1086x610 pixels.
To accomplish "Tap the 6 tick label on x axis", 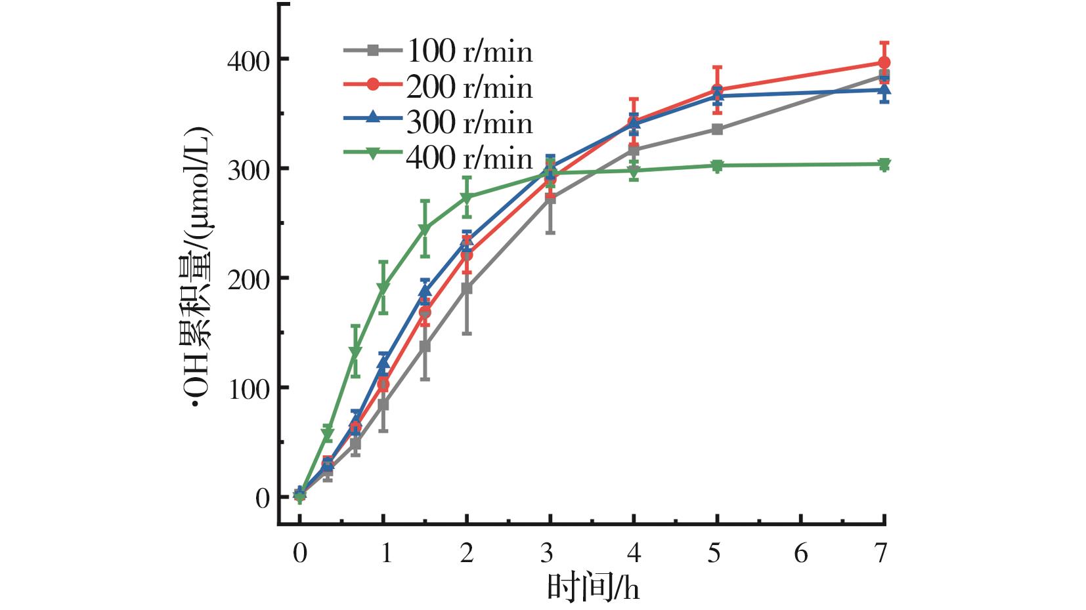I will coord(801,554).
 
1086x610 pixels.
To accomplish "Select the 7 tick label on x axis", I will coord(881,554).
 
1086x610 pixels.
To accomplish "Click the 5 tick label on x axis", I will coord(715,554).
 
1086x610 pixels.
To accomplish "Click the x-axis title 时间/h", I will coord(593,588).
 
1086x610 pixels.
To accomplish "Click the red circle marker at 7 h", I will coord(884,63).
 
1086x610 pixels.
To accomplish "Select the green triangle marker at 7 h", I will coord(884,164).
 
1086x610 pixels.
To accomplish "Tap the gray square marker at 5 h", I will coord(717,130).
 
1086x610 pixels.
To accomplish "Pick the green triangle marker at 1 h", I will coord(383,287).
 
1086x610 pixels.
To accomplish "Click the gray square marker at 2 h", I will coord(466,289).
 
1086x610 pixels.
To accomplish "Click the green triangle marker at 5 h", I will coord(717,166).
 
